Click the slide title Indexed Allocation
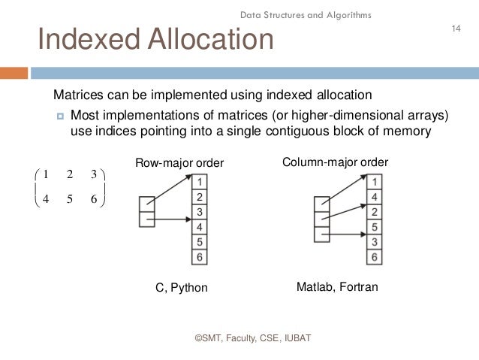pyautogui.click(x=155, y=40)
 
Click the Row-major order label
pyautogui.click(x=179, y=163)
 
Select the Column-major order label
pyautogui.click(x=335, y=162)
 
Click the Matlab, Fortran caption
pyautogui.click(x=337, y=287)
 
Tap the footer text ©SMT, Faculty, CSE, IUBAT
pyautogui.click(x=252, y=339)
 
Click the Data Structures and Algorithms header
pyautogui.click(x=306, y=15)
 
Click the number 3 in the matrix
pyautogui.click(x=93, y=174)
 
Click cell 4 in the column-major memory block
pyautogui.click(x=375, y=197)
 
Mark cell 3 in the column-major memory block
pyautogui.click(x=375, y=242)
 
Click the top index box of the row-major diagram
pyautogui.click(x=147, y=204)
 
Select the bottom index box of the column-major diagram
pyautogui.click(x=321, y=234)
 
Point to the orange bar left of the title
pyautogui.click(x=14, y=73)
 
